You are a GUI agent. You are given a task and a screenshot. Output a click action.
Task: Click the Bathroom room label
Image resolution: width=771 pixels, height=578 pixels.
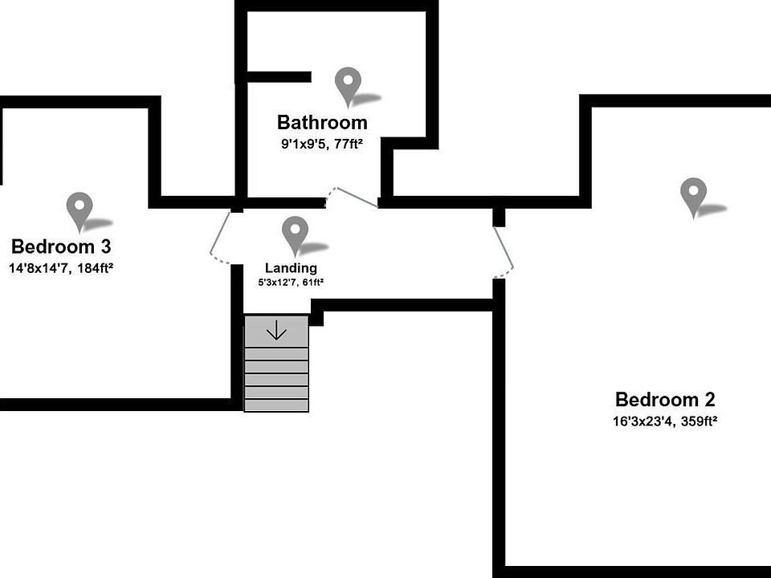pyautogui.click(x=322, y=123)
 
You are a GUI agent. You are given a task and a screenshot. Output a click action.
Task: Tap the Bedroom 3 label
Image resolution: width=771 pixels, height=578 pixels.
pyautogui.click(x=61, y=246)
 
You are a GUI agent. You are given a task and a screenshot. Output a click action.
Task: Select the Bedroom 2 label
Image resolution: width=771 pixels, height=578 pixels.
pyautogui.click(x=664, y=399)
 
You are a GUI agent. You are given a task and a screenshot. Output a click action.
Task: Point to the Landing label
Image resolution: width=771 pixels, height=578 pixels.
pyautogui.click(x=291, y=268)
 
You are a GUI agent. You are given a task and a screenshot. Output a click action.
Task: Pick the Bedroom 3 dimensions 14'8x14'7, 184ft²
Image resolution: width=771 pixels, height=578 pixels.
pyautogui.click(x=61, y=267)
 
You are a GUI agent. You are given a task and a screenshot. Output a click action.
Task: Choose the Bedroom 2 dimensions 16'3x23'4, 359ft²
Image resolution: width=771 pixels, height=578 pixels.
pyautogui.click(x=664, y=421)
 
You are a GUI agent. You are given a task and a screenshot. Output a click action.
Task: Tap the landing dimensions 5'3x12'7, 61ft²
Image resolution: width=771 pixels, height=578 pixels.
pyautogui.click(x=291, y=283)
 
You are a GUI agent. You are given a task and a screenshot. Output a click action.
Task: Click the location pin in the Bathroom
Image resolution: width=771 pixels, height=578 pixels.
pyautogui.click(x=348, y=85)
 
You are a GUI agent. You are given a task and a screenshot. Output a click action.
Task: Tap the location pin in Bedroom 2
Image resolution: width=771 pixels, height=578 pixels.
pyautogui.click(x=692, y=195)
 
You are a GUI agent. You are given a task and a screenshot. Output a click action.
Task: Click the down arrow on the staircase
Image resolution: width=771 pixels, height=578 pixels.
pyautogui.click(x=276, y=330)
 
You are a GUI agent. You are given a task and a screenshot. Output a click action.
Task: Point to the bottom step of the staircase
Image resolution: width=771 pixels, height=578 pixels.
pyautogui.click(x=276, y=405)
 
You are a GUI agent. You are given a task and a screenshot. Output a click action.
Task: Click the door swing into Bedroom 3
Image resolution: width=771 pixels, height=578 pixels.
pyautogui.click(x=219, y=239)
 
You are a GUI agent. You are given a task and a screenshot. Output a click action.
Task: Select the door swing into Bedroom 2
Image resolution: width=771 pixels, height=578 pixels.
pyautogui.click(x=504, y=249)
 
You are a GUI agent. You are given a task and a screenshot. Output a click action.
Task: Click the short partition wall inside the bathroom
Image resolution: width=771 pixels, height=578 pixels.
pyautogui.click(x=278, y=77)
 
